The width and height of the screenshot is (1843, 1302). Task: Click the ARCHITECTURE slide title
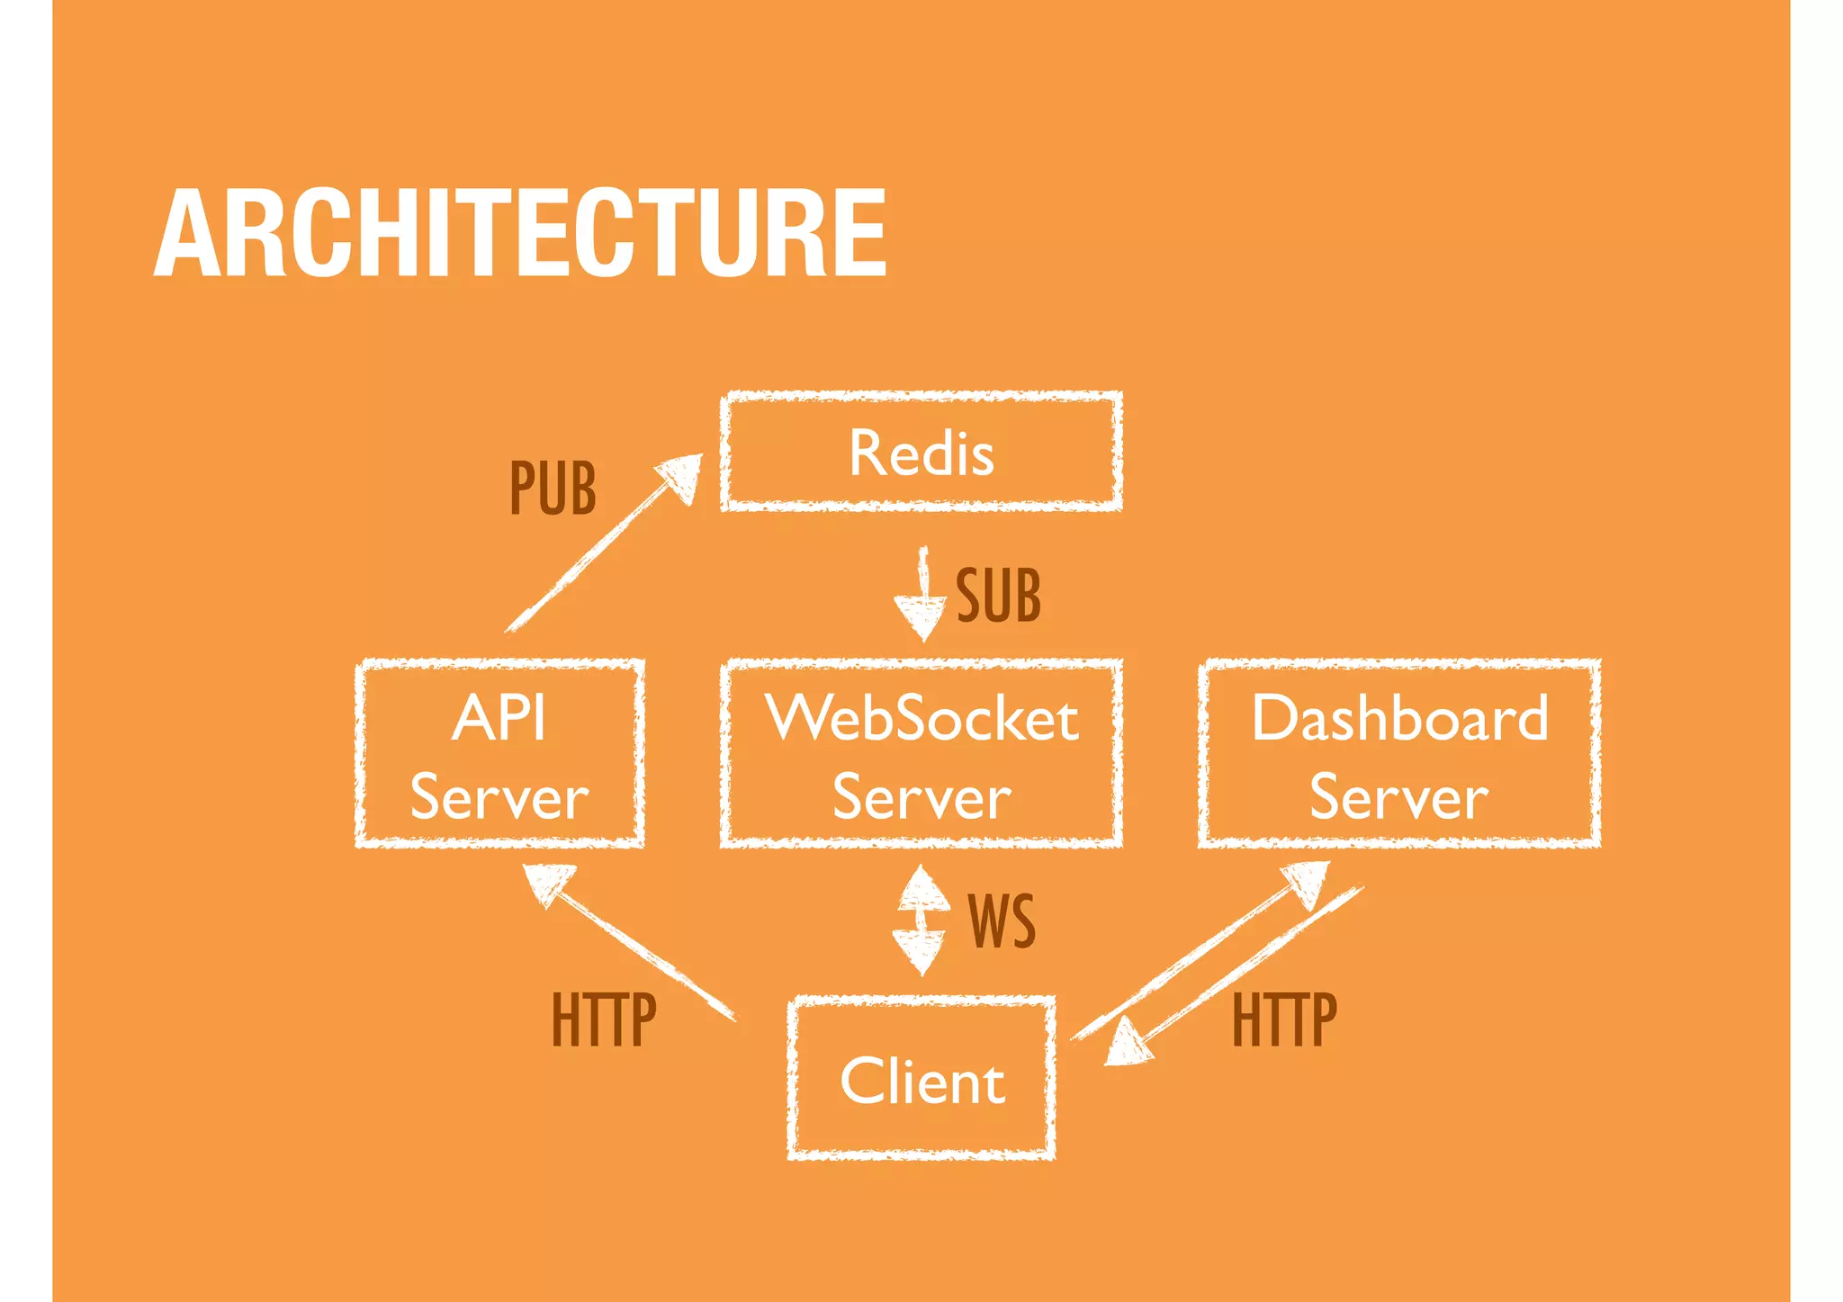tap(520, 234)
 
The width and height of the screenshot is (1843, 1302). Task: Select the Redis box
tap(921, 452)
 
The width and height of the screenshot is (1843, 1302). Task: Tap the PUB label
tap(553, 489)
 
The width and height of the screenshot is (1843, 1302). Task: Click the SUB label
tap(998, 596)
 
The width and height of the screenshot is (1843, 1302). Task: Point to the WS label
tap(1002, 921)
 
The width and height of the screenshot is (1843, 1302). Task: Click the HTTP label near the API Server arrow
tap(604, 1019)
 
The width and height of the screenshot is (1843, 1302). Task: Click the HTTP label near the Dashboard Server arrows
tap(1284, 1019)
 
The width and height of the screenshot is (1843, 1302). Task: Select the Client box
tap(921, 1078)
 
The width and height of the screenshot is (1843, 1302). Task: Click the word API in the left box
tap(499, 718)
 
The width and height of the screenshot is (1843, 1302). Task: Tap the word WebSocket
tap(921, 718)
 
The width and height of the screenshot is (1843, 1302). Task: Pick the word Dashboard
tap(1399, 718)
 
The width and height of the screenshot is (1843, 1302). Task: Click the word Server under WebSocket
tap(921, 797)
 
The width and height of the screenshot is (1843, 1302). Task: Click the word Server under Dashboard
tap(1398, 797)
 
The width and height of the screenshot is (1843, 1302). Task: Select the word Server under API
tap(499, 797)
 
